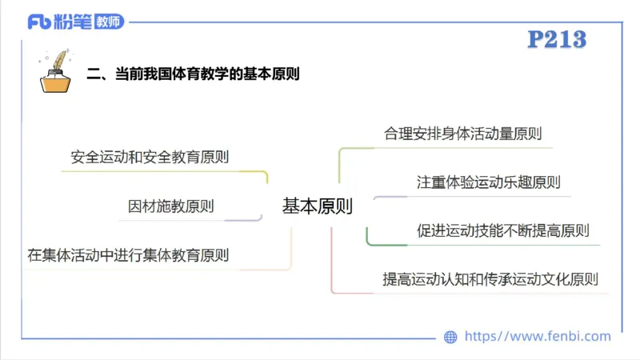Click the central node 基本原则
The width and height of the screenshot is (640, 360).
[318, 206]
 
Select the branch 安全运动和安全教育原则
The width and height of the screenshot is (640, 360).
[150, 157]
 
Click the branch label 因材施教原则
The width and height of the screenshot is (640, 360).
[171, 206]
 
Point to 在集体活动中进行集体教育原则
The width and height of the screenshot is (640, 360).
[128, 256]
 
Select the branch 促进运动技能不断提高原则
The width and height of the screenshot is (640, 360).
[502, 231]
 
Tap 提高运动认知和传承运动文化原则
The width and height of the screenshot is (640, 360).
[490, 280]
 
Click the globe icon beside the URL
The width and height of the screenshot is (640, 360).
[450, 337]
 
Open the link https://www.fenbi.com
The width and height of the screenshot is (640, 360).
[538, 337]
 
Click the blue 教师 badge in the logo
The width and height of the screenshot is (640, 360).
[108, 22]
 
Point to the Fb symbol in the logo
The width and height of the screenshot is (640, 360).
[39, 22]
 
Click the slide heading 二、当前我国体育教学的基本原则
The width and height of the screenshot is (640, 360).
[193, 74]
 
